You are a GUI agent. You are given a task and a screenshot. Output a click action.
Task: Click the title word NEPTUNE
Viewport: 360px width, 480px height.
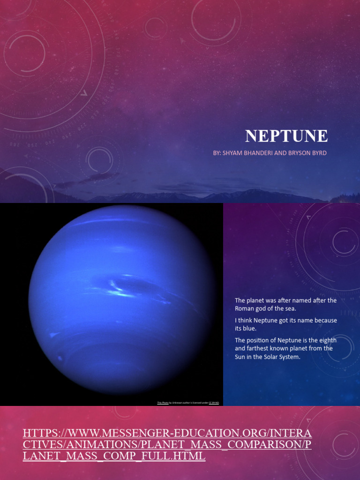point(286,136)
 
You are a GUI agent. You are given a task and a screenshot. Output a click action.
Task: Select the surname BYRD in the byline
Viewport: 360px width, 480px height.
point(318,153)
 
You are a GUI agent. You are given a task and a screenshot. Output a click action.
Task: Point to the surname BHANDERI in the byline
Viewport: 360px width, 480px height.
point(260,153)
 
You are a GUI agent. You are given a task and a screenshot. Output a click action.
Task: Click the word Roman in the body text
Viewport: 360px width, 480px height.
point(244,308)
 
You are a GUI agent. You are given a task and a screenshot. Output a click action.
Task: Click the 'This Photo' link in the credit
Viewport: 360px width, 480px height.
point(163,403)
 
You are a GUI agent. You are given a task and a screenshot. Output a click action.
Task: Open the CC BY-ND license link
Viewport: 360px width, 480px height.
point(213,403)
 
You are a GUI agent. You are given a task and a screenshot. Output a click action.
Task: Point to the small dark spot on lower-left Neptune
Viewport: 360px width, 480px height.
point(60,359)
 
